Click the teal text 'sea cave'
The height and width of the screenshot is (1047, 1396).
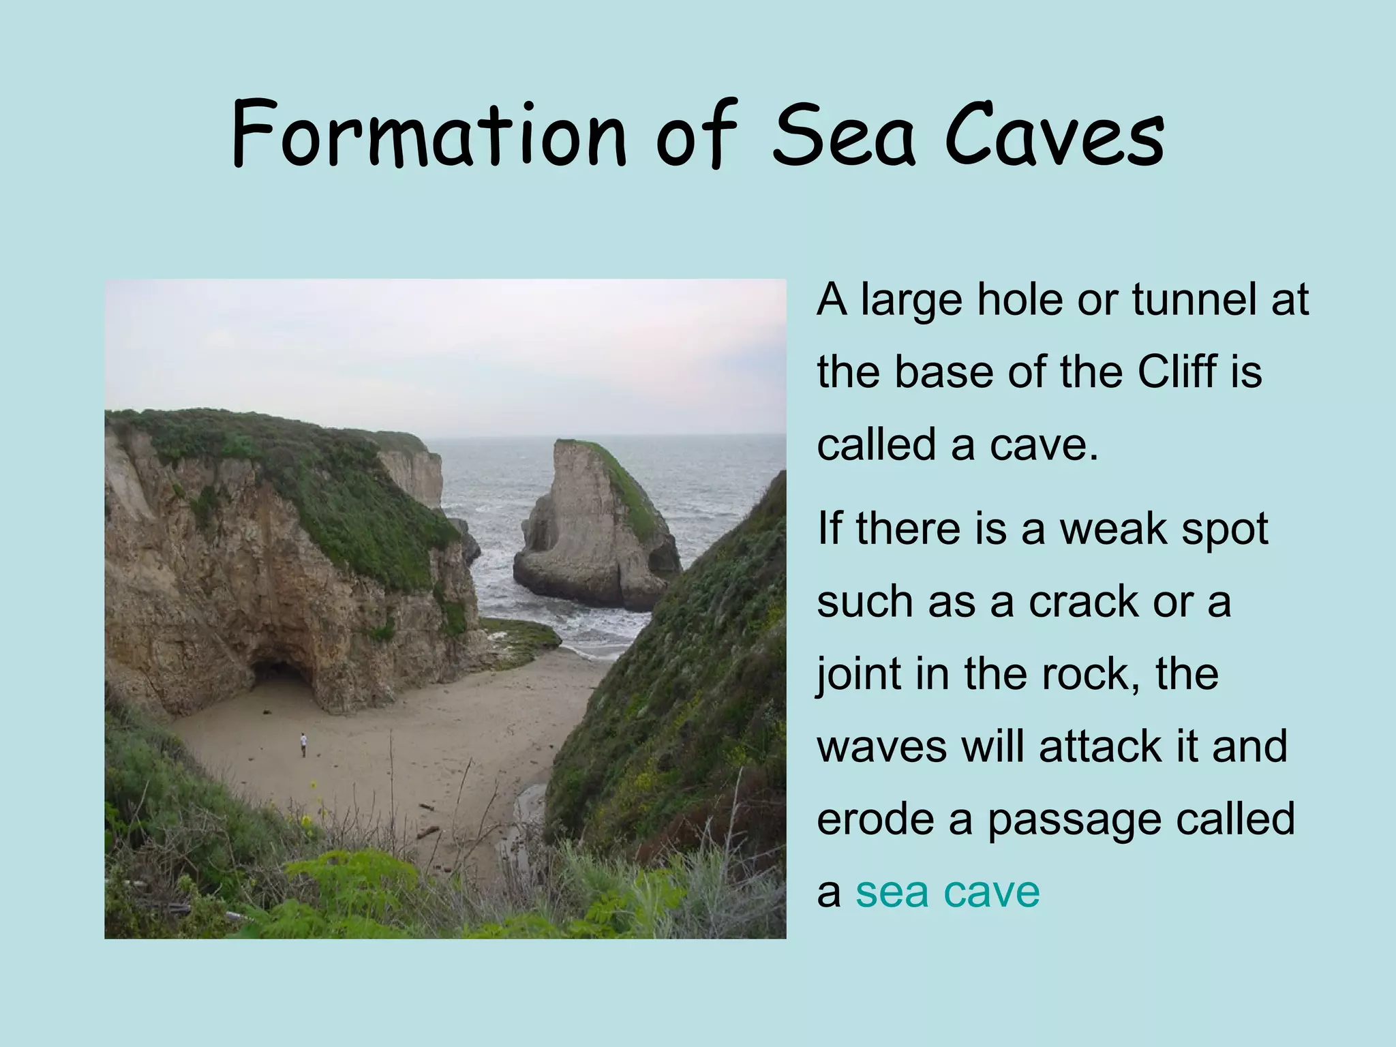point(947,892)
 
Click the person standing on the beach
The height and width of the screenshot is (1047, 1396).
point(303,744)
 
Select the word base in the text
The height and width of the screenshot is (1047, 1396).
point(943,373)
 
